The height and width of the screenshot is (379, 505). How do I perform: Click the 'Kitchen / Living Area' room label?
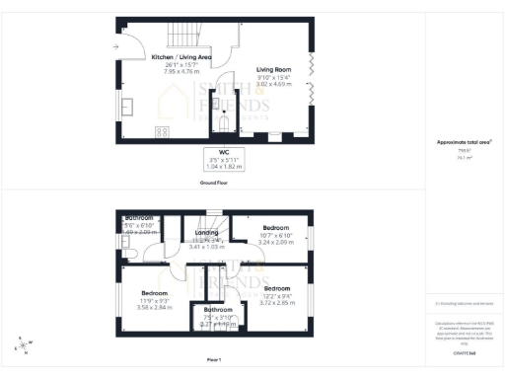click(180, 58)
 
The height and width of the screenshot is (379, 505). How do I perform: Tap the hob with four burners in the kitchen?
click(162, 132)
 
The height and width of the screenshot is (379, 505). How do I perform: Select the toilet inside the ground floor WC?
click(225, 123)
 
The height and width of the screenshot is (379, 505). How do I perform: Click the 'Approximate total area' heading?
click(464, 143)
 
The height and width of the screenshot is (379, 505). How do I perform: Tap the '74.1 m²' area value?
click(464, 156)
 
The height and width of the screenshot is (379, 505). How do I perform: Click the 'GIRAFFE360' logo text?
click(464, 352)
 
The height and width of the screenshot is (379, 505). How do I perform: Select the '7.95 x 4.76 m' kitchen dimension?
click(180, 71)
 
